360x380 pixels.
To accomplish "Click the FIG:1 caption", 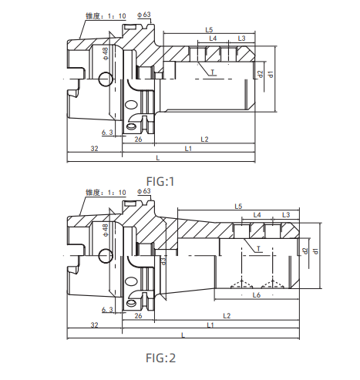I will click(x=161, y=182).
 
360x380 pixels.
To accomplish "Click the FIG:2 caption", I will click(x=161, y=358).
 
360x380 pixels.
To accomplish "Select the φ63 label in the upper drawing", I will click(x=143, y=15).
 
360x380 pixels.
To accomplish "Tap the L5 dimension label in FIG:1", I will click(x=210, y=29).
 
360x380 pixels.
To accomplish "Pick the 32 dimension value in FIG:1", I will click(x=94, y=147).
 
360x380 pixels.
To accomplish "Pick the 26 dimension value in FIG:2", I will click(x=138, y=317).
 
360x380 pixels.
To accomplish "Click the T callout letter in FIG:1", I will click(x=214, y=72).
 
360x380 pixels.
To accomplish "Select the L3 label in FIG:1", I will click(x=241, y=38).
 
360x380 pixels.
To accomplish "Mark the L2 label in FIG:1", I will click(x=204, y=139).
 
